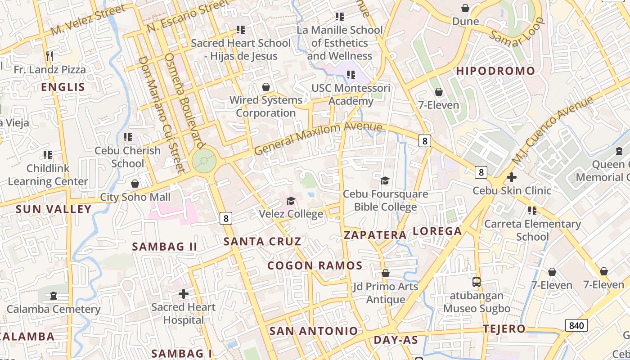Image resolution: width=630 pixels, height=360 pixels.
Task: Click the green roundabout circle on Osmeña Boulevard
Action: (204, 160)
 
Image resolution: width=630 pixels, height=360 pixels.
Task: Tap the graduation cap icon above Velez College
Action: (291, 201)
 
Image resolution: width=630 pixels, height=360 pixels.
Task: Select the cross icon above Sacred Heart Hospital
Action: (184, 294)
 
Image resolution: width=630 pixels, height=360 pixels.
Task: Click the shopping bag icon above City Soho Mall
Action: (135, 184)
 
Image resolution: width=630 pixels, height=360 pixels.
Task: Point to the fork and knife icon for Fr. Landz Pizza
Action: (49, 56)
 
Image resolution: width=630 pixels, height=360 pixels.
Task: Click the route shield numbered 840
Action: (576, 325)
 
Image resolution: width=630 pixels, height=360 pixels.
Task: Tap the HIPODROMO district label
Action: (495, 71)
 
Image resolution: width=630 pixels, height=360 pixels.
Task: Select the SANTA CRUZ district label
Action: (262, 241)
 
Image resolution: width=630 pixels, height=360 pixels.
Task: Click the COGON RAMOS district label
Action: (315, 265)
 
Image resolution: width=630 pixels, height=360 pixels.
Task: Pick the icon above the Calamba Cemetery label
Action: (54, 296)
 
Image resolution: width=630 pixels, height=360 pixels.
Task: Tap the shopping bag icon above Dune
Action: (465, 8)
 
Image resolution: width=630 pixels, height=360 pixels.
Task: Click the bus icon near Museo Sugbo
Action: (477, 282)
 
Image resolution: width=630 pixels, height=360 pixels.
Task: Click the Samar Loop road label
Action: (517, 33)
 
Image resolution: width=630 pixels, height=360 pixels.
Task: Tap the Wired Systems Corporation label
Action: (266, 106)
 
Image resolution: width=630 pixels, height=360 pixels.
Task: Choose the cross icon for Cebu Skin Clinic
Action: (511, 177)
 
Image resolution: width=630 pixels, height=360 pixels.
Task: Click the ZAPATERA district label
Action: (375, 235)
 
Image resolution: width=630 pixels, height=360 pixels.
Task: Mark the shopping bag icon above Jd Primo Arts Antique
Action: (386, 273)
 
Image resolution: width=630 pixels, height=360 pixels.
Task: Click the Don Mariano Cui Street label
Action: (161, 115)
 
